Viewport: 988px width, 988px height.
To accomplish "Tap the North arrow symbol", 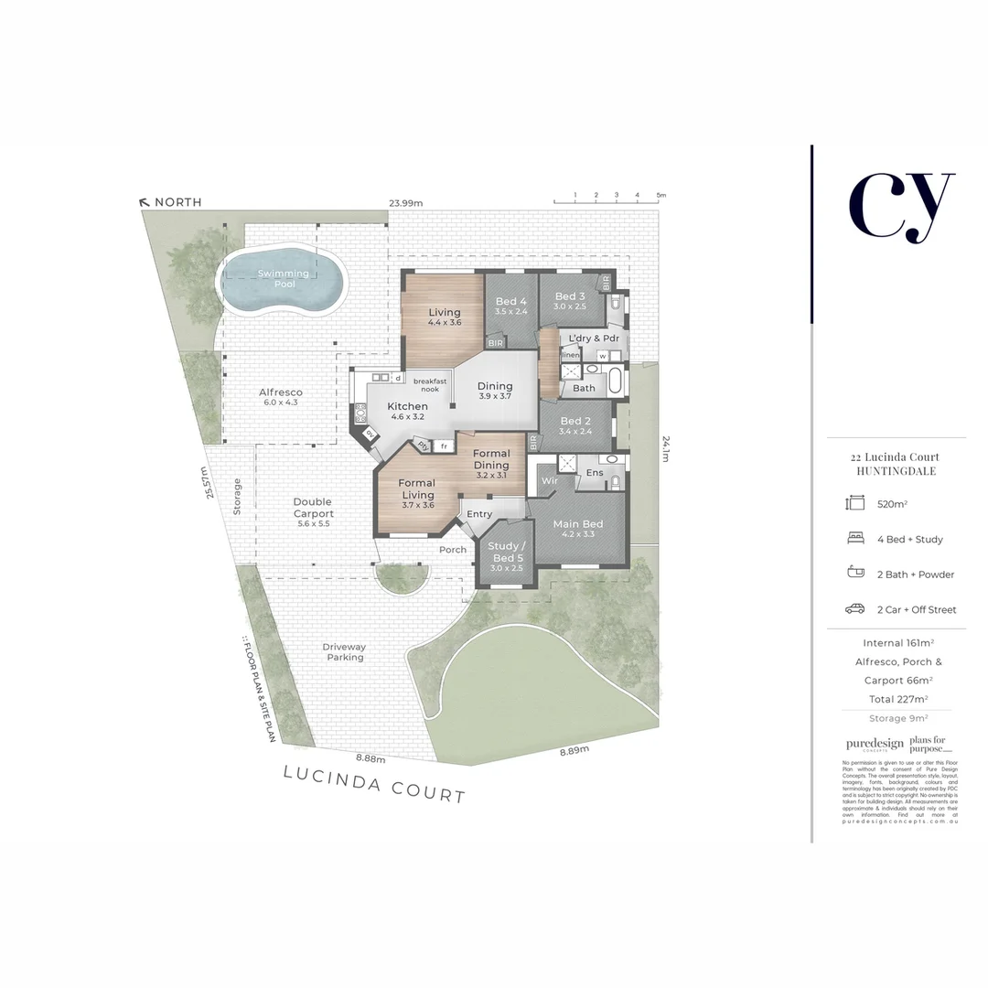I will (144, 202).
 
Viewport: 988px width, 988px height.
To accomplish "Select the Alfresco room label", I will (280, 397).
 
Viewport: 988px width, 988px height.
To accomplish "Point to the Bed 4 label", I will (510, 306).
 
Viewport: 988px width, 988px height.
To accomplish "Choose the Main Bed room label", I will (578, 529).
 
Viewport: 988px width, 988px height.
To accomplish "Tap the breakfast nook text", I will (430, 385).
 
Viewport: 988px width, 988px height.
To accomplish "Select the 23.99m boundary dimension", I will (406, 203).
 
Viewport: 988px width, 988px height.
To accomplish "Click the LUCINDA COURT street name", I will (374, 785).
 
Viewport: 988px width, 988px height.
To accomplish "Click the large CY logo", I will (900, 206).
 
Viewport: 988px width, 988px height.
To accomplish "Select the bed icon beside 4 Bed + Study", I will (855, 539).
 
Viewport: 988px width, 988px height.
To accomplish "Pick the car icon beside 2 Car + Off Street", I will (855, 609).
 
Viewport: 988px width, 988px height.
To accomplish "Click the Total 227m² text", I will (895, 699).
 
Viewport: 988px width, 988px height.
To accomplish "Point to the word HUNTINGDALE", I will (896, 471).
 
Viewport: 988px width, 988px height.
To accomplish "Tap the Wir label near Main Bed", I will (549, 480).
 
